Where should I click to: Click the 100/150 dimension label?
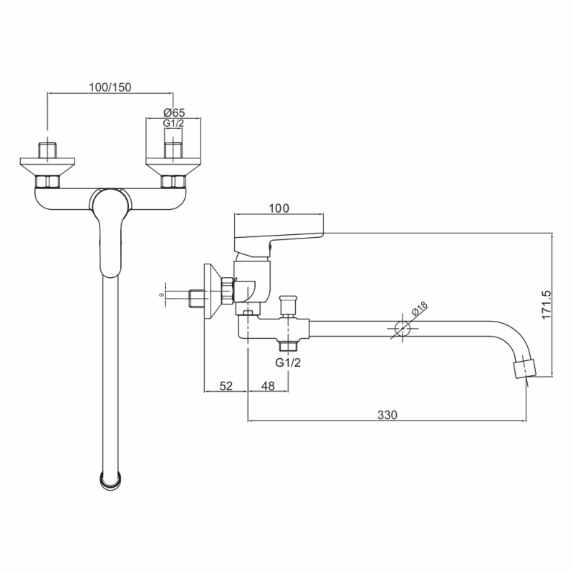coord(110,87)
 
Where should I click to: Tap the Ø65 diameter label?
coord(174,112)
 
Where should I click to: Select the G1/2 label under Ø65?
coord(173,123)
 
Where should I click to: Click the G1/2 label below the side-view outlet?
coord(288,362)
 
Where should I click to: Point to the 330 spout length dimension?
coord(387,415)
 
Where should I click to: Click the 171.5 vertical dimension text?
coord(546,305)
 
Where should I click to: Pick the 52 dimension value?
coord(226,385)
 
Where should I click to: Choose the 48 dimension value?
coord(268,385)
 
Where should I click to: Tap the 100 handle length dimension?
coord(279,208)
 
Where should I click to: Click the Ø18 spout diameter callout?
coord(419,308)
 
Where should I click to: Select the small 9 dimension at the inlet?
coord(162,294)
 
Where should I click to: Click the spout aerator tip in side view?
coord(525,369)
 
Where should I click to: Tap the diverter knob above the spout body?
coord(288,306)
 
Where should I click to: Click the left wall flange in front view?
coord(47,167)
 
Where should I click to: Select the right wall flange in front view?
coord(173,167)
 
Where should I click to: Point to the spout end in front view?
coord(110,480)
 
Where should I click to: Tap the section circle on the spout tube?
coord(403,329)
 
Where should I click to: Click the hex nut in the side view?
coord(227,291)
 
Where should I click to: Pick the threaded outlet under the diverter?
coord(288,345)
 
